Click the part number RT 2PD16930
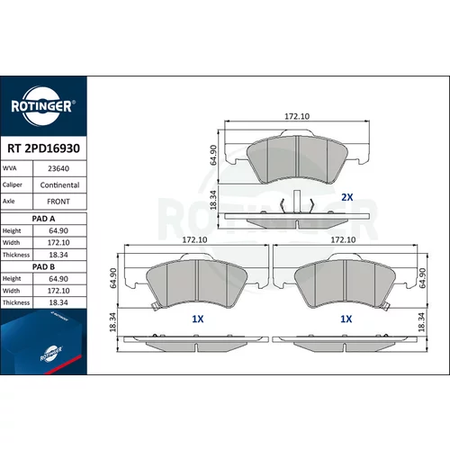[x=43, y=148]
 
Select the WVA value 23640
[x=58, y=168]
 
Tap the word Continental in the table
[x=59, y=185]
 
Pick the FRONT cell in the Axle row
[x=58, y=202]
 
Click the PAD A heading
[x=43, y=219]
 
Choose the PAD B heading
[x=43, y=266]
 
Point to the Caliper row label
[x=13, y=184]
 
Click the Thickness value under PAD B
[x=58, y=302]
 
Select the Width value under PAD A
[x=58, y=242]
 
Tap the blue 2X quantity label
[x=347, y=197]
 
